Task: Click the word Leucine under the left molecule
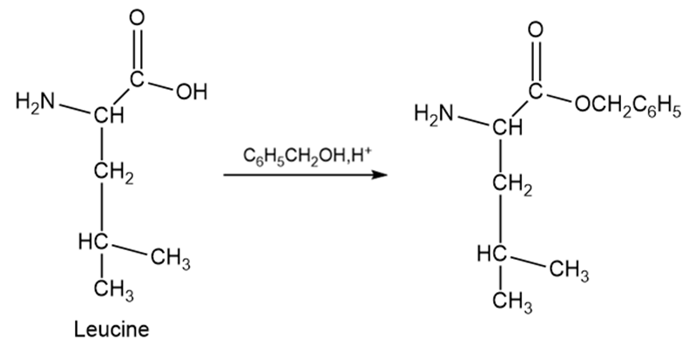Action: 111,329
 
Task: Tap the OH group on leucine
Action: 192,92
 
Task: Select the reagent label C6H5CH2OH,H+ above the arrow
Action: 307,156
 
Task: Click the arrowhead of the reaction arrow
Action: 380,174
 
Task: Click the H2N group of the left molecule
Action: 35,101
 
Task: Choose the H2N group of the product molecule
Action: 434,113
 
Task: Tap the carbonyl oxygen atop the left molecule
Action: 137,18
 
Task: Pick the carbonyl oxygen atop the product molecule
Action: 536,31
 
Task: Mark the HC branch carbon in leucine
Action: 93,242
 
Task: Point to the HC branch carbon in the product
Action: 492,255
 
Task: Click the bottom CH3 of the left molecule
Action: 113,290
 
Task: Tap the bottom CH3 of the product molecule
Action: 512,302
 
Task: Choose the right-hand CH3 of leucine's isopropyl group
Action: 171,259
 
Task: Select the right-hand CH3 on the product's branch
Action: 570,271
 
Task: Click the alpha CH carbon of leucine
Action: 109,116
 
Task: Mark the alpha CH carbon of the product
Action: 507,128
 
